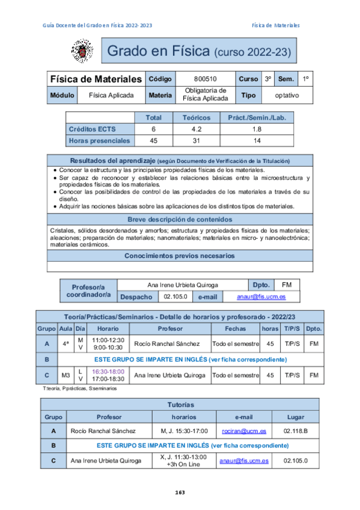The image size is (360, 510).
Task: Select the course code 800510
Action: tap(206, 79)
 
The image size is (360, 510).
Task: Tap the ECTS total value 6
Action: tap(153, 129)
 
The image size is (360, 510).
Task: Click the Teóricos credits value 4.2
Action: tap(196, 129)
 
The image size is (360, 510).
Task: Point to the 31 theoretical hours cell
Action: tap(196, 141)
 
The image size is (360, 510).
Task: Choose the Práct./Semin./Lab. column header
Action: tap(257, 118)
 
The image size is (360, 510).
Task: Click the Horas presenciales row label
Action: tap(99, 141)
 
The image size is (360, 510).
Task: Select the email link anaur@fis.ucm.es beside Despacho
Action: tap(260, 296)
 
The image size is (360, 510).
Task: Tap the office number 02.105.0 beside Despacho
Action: tap(175, 296)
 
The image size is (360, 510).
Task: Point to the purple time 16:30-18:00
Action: tap(108, 372)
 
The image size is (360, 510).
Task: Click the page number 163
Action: tap(180, 493)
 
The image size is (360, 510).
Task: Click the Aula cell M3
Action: tap(66, 375)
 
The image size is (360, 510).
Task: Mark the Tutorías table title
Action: tap(180, 405)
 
